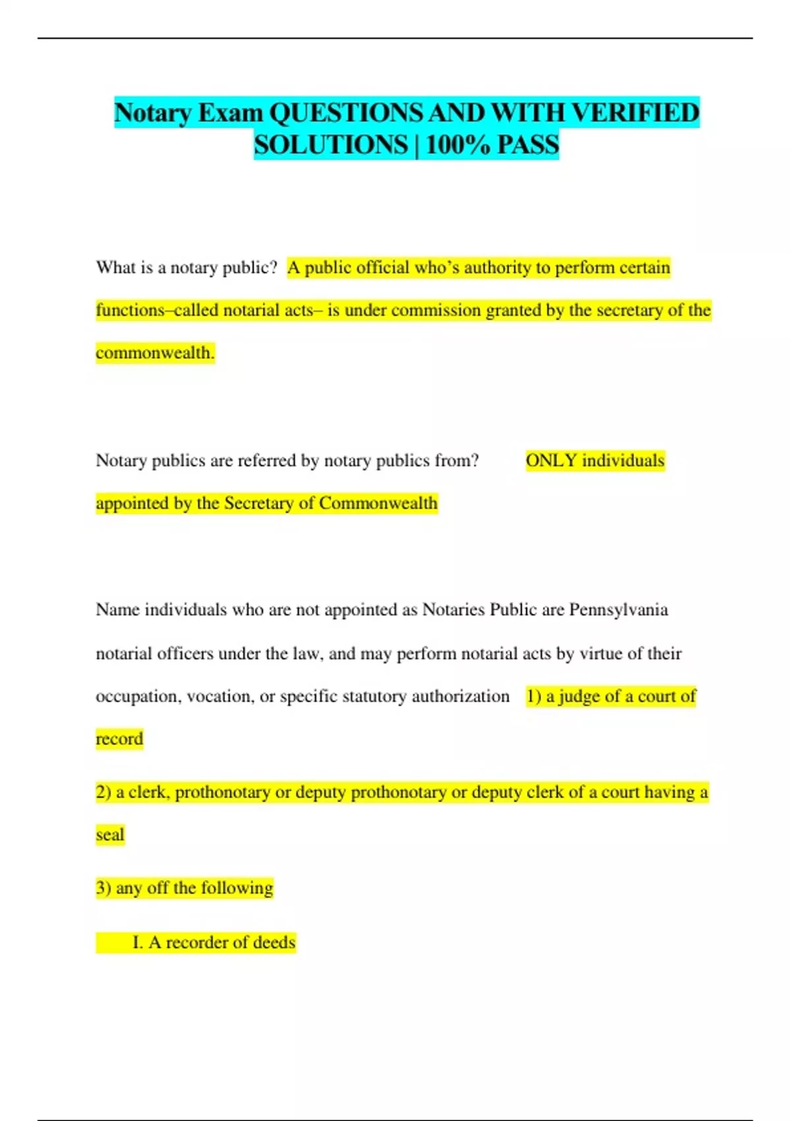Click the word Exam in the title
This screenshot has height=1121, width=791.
coord(231,113)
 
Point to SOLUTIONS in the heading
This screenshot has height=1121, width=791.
coord(331,145)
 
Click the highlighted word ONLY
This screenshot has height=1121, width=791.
coord(551,460)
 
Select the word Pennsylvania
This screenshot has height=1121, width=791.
coord(618,609)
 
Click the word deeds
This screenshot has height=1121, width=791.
coord(274,942)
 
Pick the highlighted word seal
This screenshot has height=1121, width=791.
coord(110,835)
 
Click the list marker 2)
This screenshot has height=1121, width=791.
coord(103,792)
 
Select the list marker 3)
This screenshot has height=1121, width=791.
coord(103,888)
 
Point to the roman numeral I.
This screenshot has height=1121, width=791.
coord(137,942)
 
